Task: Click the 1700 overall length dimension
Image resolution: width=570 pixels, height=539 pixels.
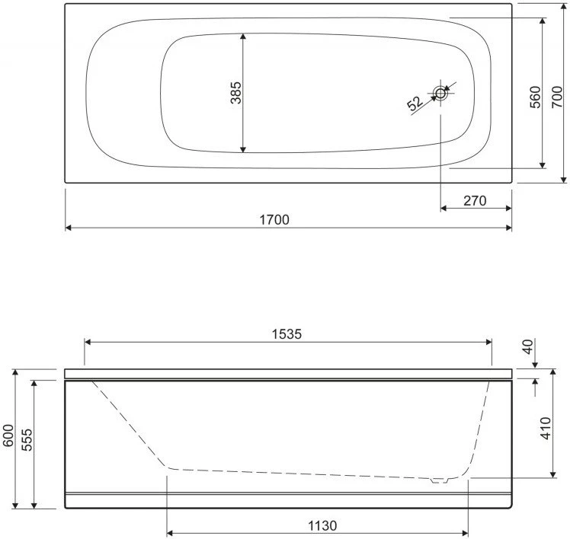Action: coord(274,220)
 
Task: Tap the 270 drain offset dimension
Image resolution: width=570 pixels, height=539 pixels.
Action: coord(475,200)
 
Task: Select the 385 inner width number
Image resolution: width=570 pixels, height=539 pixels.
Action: coord(236,93)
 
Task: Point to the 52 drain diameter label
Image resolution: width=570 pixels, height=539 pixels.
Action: coord(415,104)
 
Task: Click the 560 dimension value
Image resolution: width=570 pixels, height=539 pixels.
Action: coord(535,97)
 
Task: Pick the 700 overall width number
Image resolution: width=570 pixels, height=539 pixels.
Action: coord(557,97)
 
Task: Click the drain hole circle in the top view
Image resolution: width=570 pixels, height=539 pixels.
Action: coord(440,94)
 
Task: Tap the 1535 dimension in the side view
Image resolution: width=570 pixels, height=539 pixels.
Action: coord(287,333)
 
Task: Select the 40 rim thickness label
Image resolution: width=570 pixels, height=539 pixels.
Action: coord(528,346)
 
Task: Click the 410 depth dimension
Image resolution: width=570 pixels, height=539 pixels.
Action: coord(546,428)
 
